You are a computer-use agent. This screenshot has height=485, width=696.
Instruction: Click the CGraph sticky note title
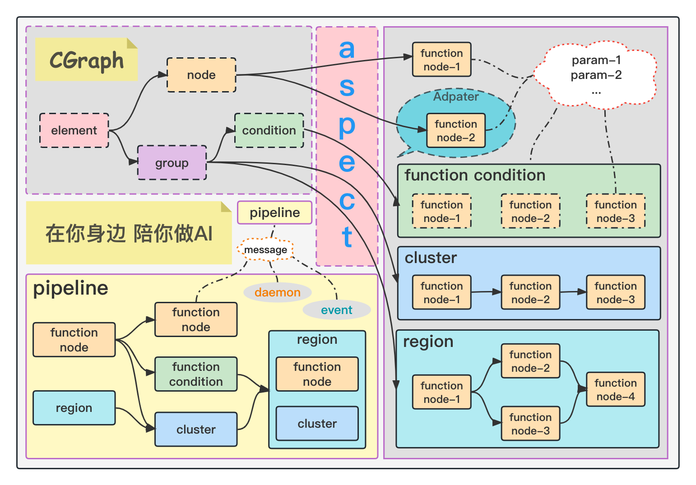[x=86, y=60]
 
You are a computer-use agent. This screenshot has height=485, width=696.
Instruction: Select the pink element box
[x=74, y=130]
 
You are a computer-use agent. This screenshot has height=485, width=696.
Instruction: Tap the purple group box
[x=172, y=163]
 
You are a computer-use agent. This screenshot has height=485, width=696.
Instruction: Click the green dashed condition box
[x=269, y=130]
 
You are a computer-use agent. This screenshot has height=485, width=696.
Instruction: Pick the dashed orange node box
[x=201, y=75]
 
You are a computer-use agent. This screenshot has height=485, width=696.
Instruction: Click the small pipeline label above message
[x=274, y=212]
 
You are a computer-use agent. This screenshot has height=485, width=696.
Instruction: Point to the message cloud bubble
[x=265, y=249]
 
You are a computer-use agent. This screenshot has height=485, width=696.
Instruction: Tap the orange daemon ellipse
[x=277, y=292]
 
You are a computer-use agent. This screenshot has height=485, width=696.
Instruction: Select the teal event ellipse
[x=336, y=310]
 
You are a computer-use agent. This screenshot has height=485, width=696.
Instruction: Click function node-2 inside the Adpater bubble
[x=456, y=130]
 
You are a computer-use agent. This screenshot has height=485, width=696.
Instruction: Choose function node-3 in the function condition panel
[x=615, y=211]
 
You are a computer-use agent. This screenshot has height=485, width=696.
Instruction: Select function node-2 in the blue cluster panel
[x=530, y=292]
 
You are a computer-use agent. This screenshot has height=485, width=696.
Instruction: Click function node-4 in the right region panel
[x=615, y=389]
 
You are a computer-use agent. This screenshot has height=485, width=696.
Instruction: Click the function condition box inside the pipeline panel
[x=196, y=374]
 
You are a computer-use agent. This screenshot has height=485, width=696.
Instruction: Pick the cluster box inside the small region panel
[x=317, y=423]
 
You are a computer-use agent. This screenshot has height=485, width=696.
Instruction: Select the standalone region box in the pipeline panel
[x=74, y=408]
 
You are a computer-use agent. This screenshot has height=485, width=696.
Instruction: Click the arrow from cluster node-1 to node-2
[x=486, y=292]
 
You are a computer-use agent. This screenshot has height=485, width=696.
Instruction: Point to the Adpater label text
[x=456, y=97]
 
